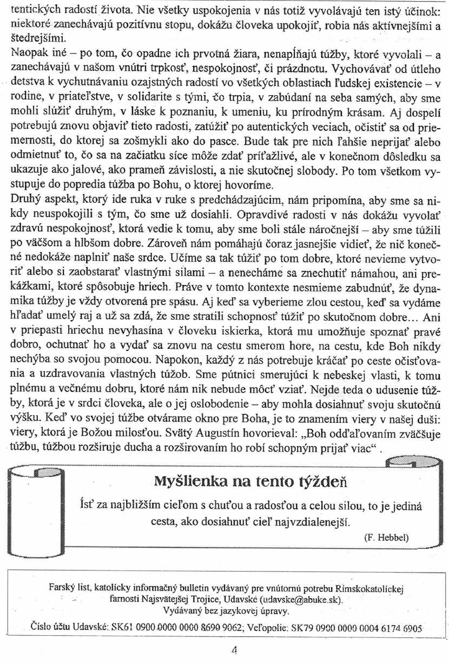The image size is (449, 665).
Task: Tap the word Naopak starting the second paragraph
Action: click(25, 54)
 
